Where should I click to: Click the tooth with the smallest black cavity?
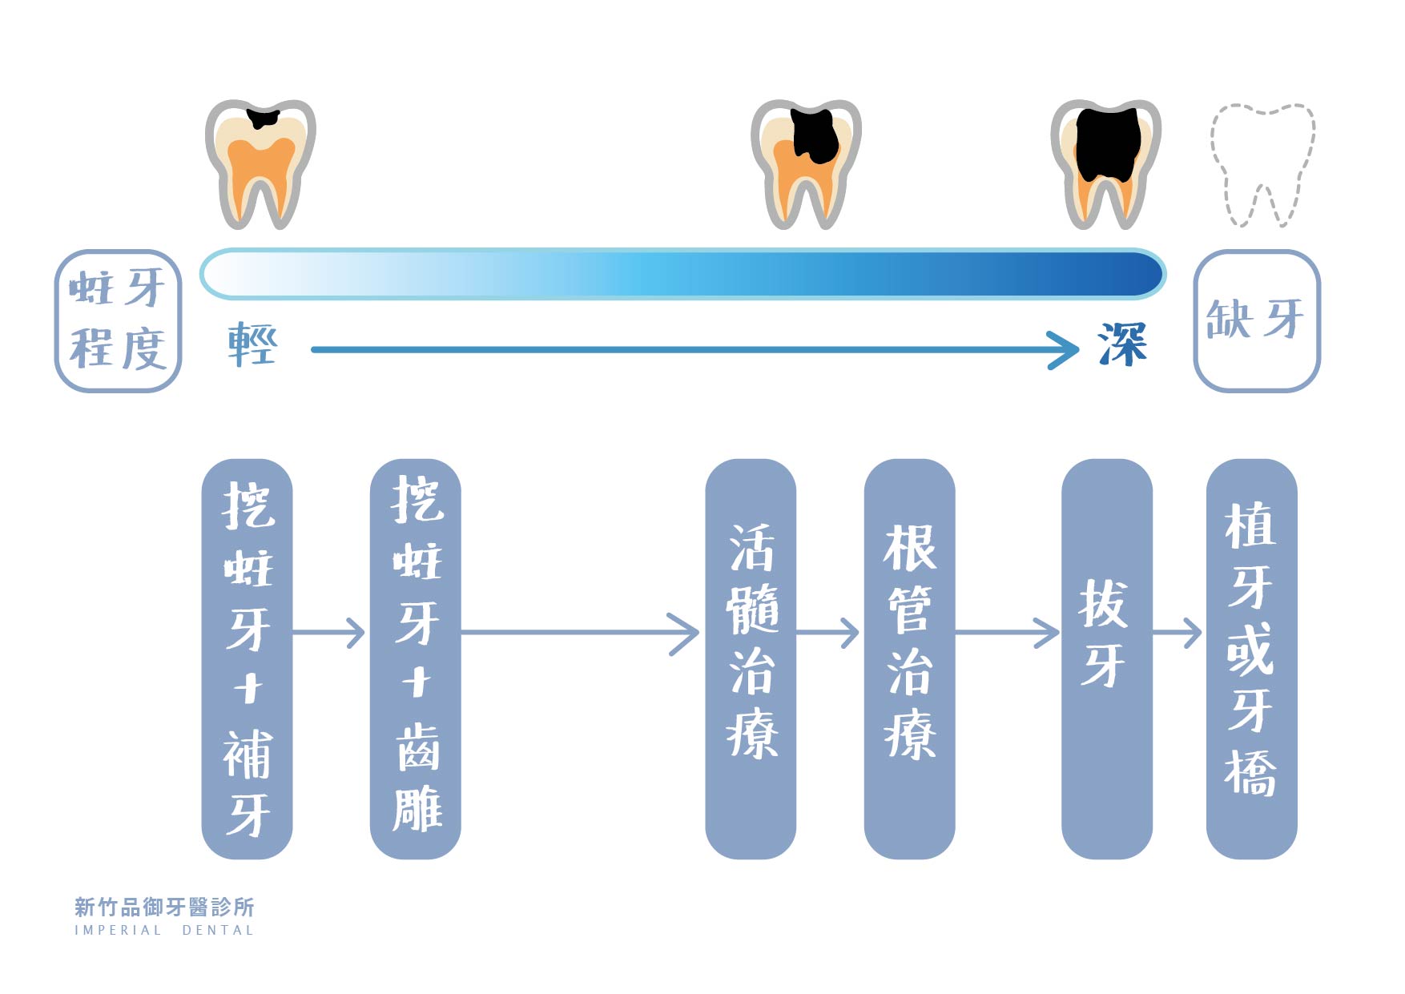point(260,163)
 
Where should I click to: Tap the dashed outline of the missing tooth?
point(1262,163)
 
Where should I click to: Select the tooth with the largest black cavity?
point(1105,163)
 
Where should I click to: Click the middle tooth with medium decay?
point(805,163)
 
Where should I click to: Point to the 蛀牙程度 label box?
point(119,320)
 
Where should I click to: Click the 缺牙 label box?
point(1256,320)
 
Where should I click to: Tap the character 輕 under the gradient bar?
point(252,344)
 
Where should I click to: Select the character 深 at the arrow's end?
point(1123,344)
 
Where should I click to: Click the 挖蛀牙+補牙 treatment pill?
point(247,658)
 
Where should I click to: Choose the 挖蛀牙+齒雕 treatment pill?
point(415,658)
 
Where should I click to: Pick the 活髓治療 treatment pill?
point(751,658)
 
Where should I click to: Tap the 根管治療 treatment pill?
point(909,658)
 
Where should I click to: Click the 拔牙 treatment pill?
point(1106,658)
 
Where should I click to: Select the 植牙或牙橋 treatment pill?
point(1251,658)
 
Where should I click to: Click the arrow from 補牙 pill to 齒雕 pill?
point(330,633)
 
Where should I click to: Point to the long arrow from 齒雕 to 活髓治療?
point(581,633)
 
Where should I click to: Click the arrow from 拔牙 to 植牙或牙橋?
point(1178,633)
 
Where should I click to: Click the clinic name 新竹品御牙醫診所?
point(164,907)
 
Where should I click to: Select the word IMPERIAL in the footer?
point(118,931)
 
